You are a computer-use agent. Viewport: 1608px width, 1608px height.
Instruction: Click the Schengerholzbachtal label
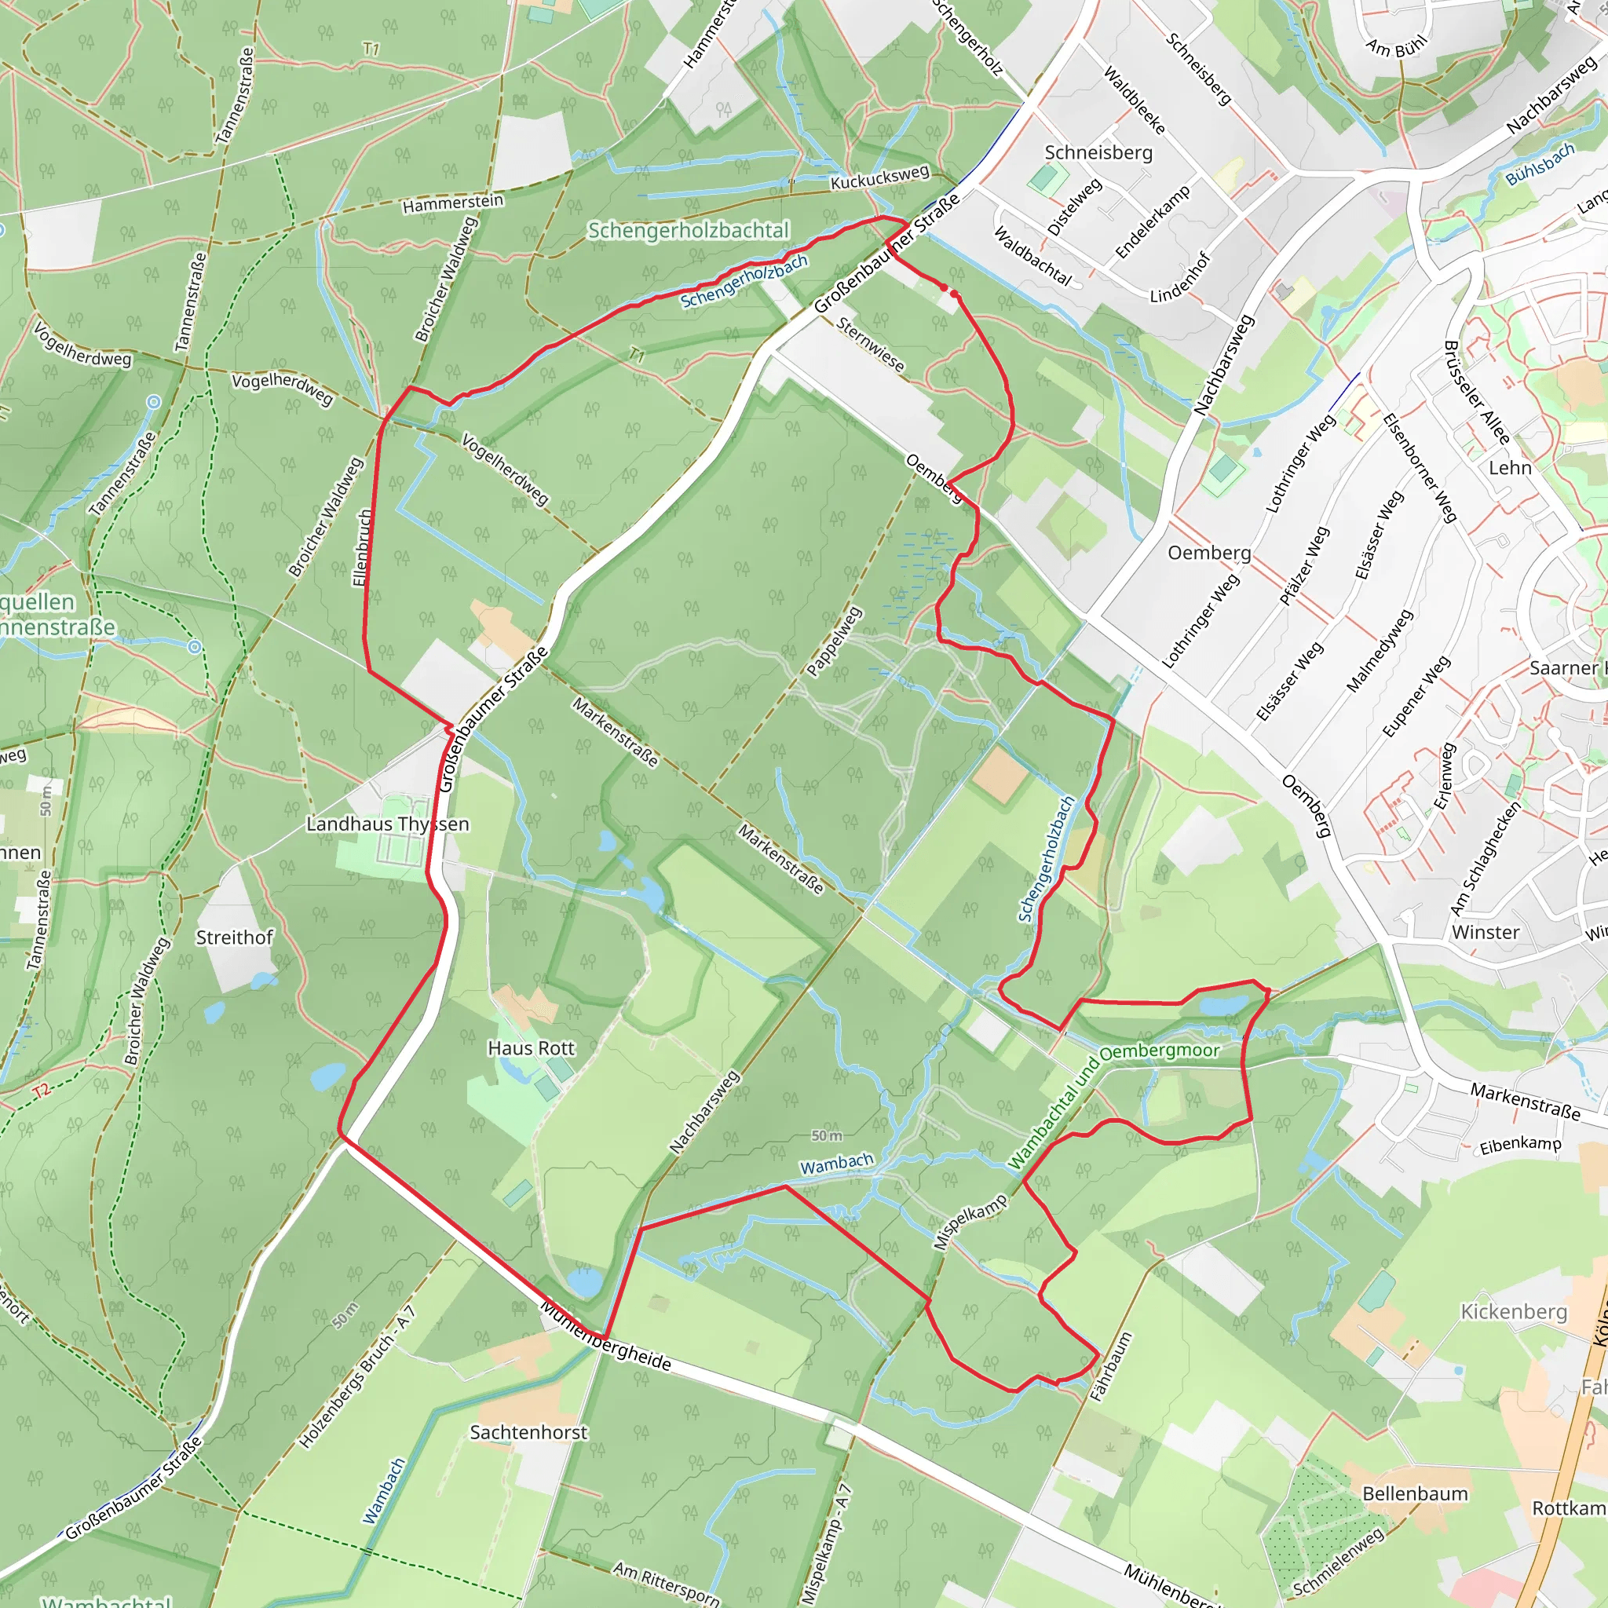pyautogui.click(x=689, y=231)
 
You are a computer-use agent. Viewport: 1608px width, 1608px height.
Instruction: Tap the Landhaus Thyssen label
pyautogui.click(x=388, y=824)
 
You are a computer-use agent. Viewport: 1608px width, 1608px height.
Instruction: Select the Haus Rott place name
pyautogui.click(x=531, y=1048)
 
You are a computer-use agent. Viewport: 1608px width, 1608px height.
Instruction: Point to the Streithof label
pyautogui.click(x=234, y=937)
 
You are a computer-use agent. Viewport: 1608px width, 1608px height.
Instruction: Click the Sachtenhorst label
pyautogui.click(x=528, y=1432)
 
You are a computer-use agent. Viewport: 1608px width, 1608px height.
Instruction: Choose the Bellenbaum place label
pyautogui.click(x=1415, y=1494)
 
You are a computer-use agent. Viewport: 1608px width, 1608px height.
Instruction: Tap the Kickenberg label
pyautogui.click(x=1514, y=1312)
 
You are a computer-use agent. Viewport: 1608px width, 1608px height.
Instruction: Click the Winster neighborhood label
pyautogui.click(x=1486, y=932)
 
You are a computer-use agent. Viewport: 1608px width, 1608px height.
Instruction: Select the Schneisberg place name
pyautogui.click(x=1098, y=152)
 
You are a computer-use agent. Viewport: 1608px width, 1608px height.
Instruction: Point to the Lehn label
pyautogui.click(x=1510, y=468)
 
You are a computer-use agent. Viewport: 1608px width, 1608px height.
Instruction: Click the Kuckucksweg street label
pyautogui.click(x=879, y=177)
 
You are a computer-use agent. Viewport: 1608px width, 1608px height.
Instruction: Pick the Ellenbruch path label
pyautogui.click(x=361, y=548)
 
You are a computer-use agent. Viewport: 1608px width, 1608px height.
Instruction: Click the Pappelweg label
pyautogui.click(x=834, y=641)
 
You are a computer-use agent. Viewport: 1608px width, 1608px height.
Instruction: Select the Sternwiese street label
pyautogui.click(x=871, y=345)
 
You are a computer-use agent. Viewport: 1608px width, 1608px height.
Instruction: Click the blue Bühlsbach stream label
pyautogui.click(x=1540, y=165)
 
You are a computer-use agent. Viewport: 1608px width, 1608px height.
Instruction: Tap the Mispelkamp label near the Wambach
pyautogui.click(x=970, y=1222)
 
